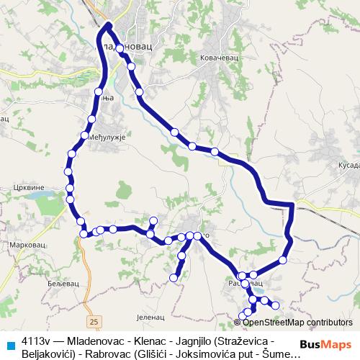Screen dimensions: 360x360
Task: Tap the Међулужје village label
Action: [108, 137]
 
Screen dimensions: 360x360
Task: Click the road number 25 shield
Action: [95, 320]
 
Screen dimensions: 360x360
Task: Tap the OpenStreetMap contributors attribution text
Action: [297, 323]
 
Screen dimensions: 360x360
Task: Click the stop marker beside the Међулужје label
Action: [85, 135]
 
